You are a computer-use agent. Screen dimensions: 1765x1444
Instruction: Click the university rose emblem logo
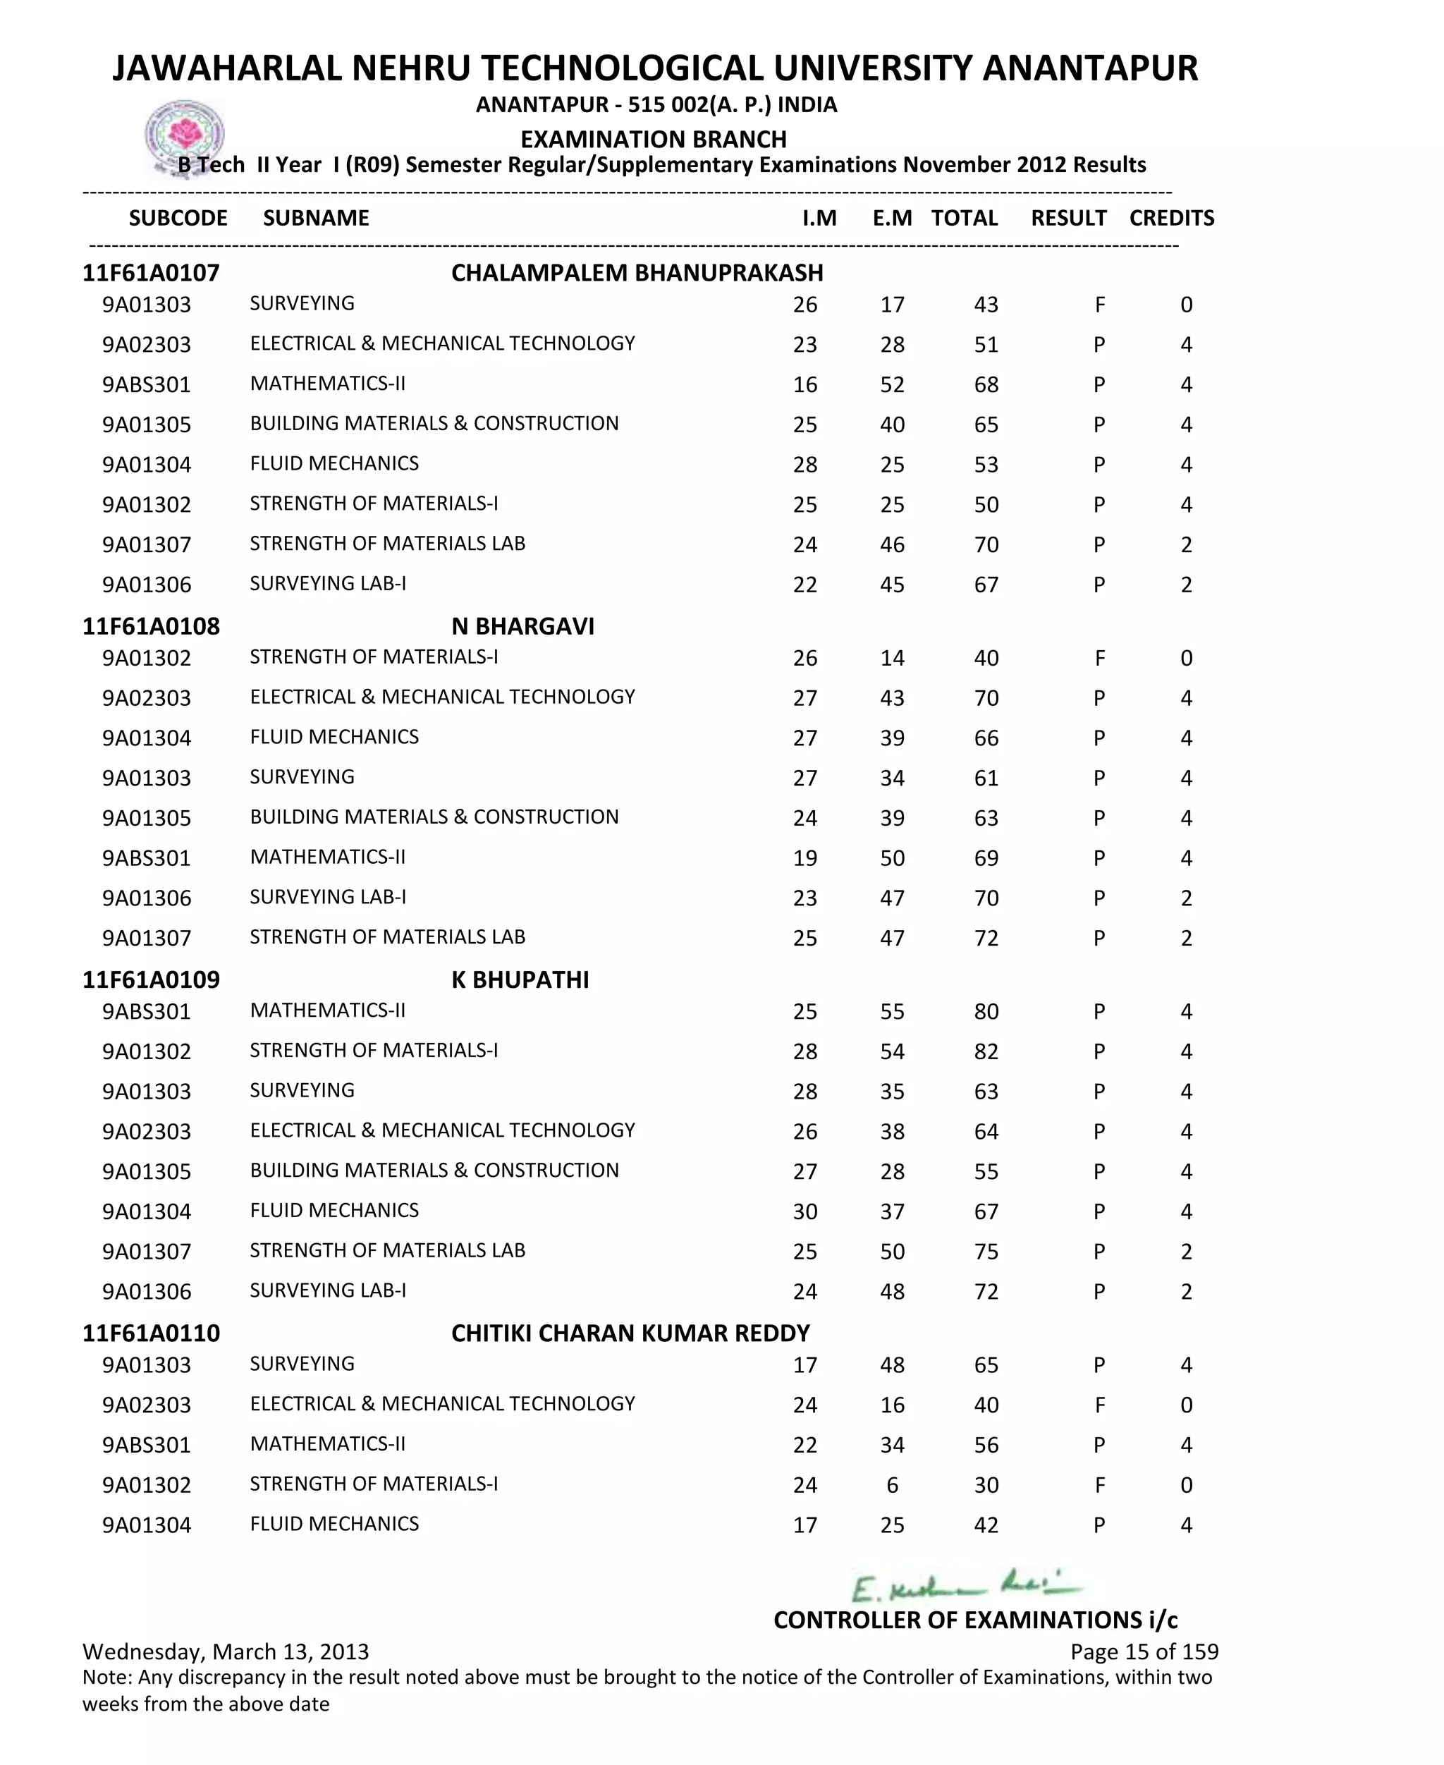[x=185, y=135]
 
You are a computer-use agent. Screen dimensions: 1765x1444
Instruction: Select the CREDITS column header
[x=1171, y=218]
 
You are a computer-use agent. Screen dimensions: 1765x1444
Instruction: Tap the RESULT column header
[x=1068, y=218]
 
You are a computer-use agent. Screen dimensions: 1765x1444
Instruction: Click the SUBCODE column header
[x=178, y=218]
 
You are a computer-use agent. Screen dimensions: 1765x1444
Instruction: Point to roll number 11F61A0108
[x=151, y=626]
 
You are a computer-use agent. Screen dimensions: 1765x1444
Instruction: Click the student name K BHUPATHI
[x=520, y=980]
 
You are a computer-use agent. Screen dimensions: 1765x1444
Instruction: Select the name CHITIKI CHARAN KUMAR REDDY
[x=630, y=1333]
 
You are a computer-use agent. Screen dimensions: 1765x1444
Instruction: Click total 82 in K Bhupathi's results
[x=986, y=1051]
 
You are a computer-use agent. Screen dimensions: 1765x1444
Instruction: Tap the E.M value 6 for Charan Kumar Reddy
[x=892, y=1484]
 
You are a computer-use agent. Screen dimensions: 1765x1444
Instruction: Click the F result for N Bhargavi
[x=1099, y=658]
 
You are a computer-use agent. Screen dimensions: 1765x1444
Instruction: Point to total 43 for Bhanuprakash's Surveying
[x=986, y=305]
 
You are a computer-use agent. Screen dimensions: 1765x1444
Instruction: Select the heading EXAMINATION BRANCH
[x=653, y=139]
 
